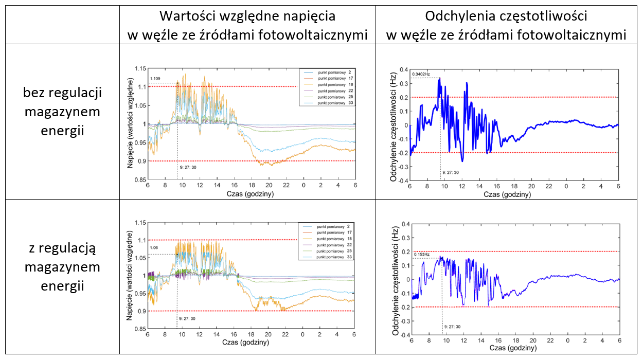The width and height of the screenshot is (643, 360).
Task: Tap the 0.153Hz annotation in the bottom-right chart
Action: pyautogui.click(x=421, y=254)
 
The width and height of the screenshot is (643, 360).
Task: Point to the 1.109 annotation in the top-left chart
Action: pyautogui.click(x=155, y=79)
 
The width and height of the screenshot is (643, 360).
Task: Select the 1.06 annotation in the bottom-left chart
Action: pyautogui.click(x=154, y=248)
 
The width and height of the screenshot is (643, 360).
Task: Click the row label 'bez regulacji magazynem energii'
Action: pyautogui.click(x=62, y=112)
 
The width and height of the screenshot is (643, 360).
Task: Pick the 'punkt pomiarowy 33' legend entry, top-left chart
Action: pyautogui.click(x=334, y=103)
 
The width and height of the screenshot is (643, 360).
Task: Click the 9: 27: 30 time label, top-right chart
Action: pyautogui.click(x=450, y=173)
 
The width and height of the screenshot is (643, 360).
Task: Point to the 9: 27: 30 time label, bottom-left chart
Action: pyautogui.click(x=187, y=319)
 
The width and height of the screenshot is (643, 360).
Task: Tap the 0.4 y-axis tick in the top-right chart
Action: pyautogui.click(x=403, y=69)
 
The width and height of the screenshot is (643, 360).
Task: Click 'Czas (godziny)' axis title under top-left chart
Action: pyautogui.click(x=249, y=194)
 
